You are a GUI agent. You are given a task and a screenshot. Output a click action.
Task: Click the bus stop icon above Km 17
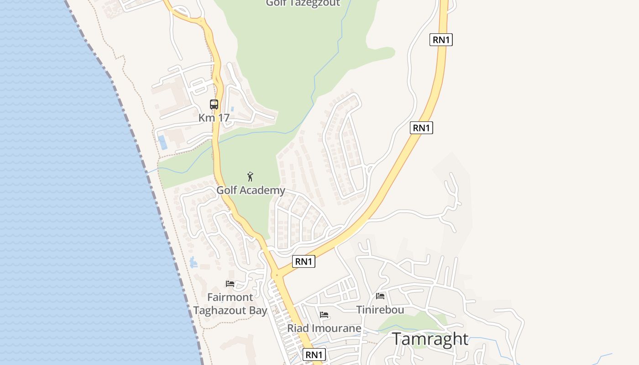click(x=214, y=104)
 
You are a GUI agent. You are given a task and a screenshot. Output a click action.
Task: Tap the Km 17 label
click(x=214, y=118)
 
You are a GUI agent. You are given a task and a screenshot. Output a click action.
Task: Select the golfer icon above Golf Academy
click(x=250, y=177)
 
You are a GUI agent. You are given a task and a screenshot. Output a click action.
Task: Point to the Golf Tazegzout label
click(x=303, y=3)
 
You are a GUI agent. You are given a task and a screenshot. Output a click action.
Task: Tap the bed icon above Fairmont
click(x=230, y=284)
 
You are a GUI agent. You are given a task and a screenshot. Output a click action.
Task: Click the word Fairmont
click(x=230, y=297)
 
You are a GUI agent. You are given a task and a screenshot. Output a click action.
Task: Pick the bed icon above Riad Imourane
click(x=324, y=315)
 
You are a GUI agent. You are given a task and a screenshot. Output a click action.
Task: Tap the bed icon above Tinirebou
click(x=380, y=296)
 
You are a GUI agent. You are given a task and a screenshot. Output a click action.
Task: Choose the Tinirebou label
click(x=380, y=310)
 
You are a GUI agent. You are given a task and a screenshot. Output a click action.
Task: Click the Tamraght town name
click(x=430, y=339)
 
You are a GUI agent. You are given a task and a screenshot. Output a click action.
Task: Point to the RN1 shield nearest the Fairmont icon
click(x=304, y=261)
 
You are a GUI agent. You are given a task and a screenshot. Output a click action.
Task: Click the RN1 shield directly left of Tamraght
click(x=314, y=355)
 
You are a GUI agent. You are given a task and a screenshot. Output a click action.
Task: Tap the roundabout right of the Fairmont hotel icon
click(x=276, y=275)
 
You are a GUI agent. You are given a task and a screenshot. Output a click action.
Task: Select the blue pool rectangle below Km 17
click(x=162, y=142)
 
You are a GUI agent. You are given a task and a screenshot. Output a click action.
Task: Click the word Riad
click(x=297, y=328)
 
